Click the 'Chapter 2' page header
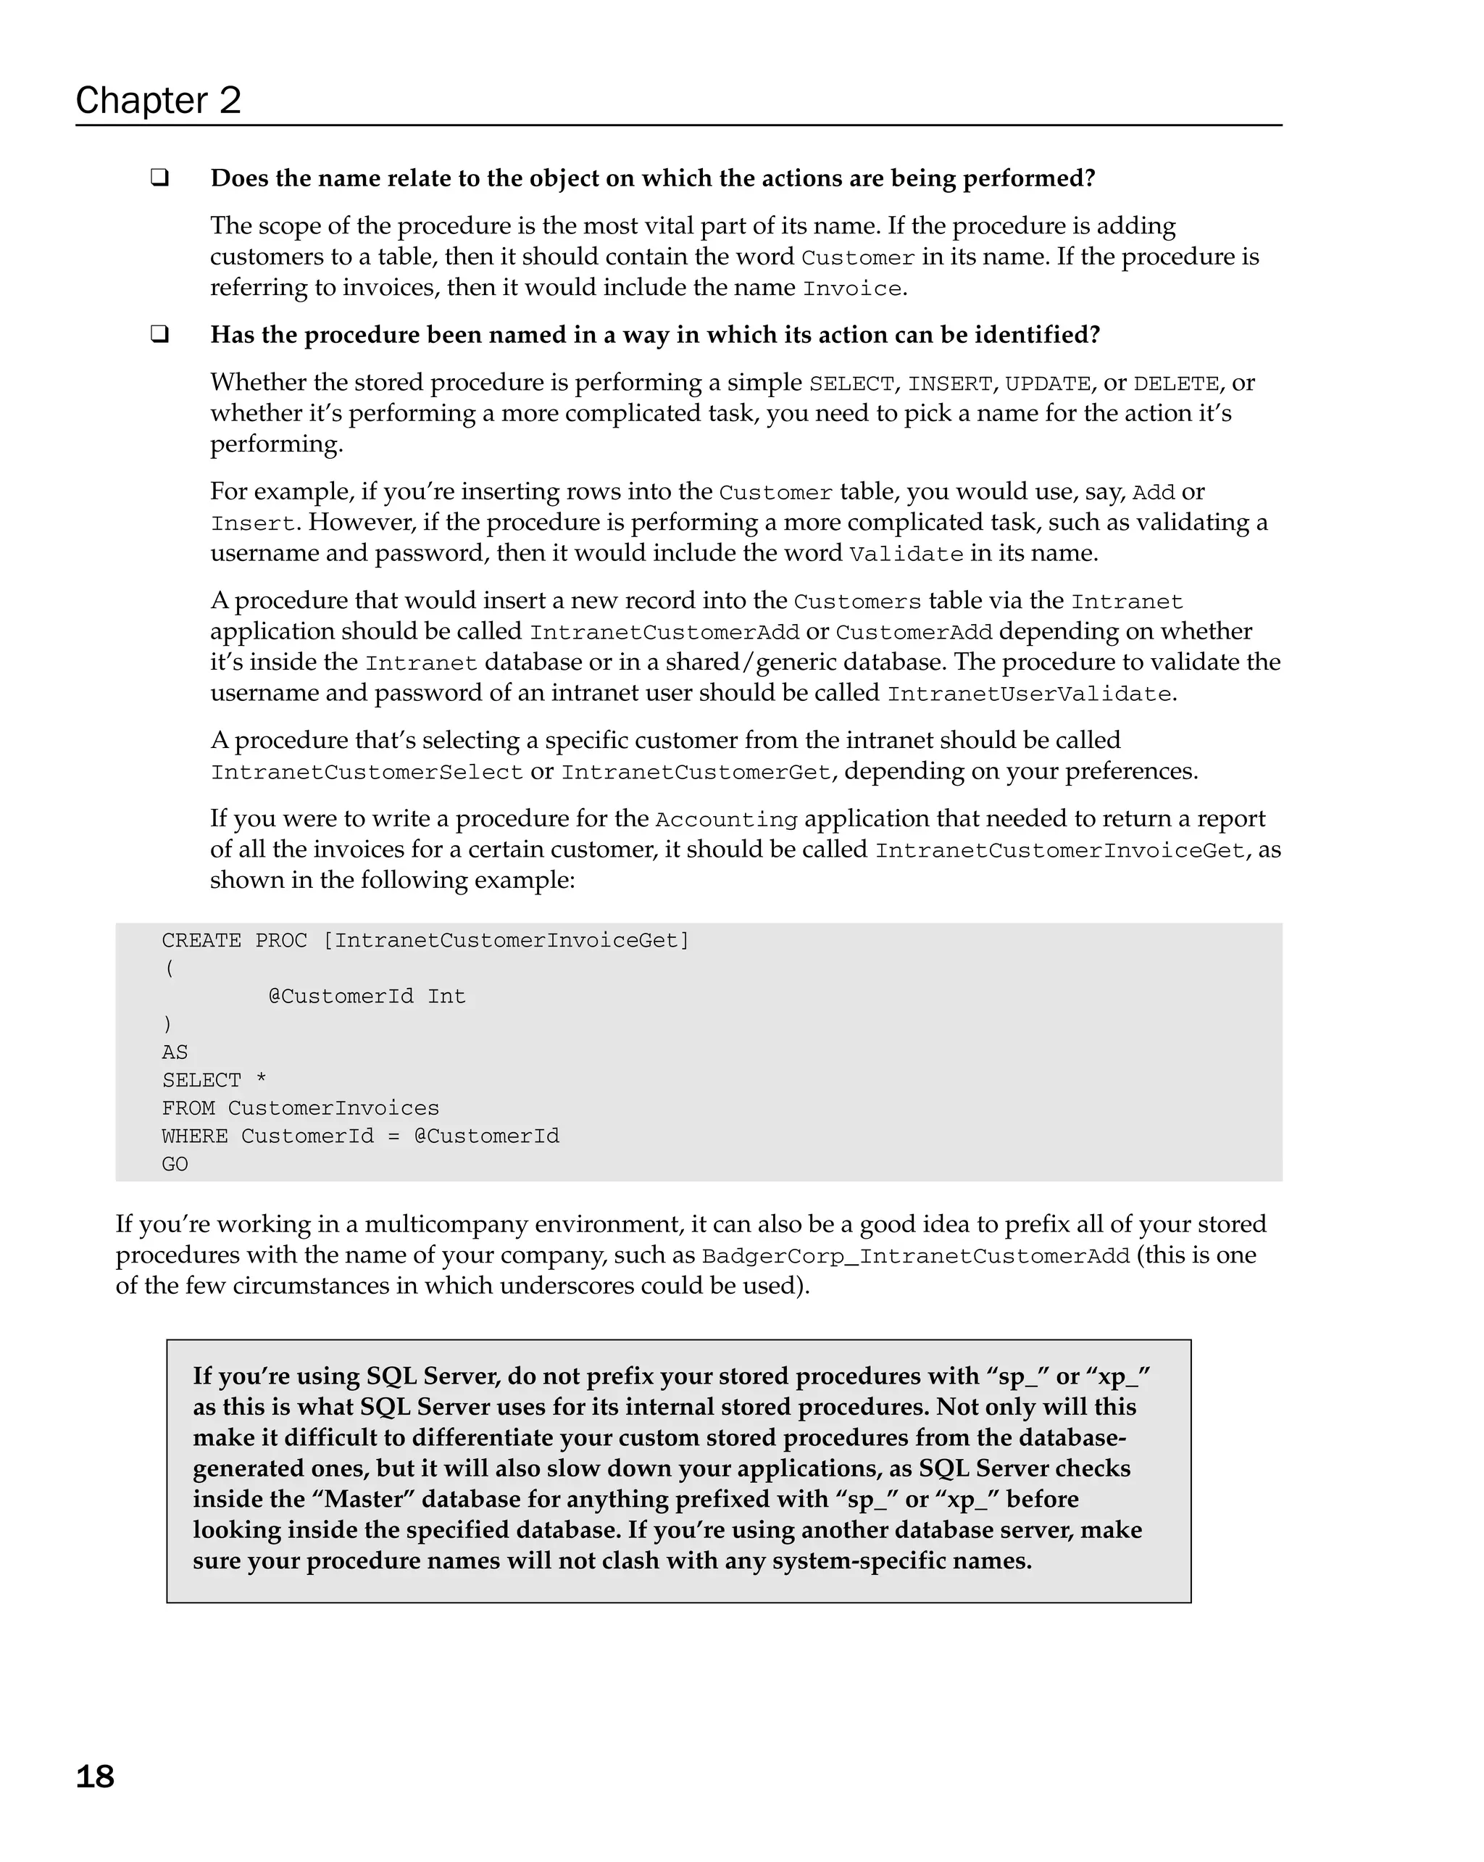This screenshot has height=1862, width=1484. click(158, 100)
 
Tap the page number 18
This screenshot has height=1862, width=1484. click(95, 1776)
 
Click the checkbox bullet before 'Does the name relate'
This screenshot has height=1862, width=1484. click(159, 178)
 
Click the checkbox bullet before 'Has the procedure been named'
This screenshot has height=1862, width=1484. click(159, 334)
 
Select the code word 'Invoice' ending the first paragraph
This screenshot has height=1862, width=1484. click(851, 288)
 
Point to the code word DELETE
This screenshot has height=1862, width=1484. click(1176, 383)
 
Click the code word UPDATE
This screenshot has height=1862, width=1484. click(1047, 383)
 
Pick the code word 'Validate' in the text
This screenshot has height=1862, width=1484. click(906, 554)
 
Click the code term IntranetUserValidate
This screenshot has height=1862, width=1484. click(1029, 694)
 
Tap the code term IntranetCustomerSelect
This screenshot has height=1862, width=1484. click(367, 772)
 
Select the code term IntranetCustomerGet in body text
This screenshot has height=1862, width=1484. click(696, 772)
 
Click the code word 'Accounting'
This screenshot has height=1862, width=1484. click(726, 820)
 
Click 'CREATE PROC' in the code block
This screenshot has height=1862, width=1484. click(234, 941)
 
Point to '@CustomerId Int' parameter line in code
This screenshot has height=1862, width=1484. click(367, 997)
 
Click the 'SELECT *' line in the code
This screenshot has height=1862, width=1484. click(214, 1081)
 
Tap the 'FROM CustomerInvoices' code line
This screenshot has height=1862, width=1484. click(301, 1108)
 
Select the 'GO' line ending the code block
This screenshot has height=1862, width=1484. click(175, 1164)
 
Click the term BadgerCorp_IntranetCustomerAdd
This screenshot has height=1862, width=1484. click(915, 1257)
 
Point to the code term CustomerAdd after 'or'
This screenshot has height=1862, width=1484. click(913, 632)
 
